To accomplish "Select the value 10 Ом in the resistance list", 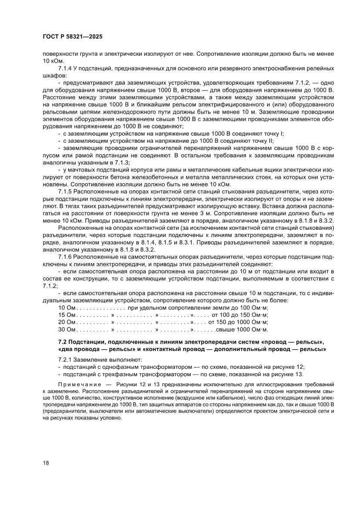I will tap(67, 308).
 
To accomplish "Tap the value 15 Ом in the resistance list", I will tap(67, 315).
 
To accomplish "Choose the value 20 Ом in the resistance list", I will tap(67, 322).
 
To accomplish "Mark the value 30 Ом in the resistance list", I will tap(67, 330).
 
